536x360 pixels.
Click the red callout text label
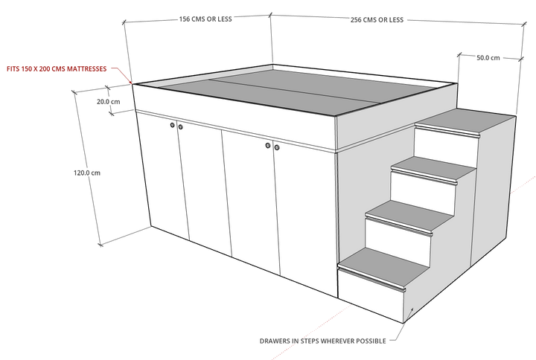click(x=56, y=69)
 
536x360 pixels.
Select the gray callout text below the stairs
click(x=322, y=341)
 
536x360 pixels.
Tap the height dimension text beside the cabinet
click(x=87, y=173)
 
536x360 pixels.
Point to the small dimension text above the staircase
click(x=487, y=57)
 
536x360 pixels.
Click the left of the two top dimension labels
click(x=206, y=20)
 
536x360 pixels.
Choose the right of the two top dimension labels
click(x=377, y=20)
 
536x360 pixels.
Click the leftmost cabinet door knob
click(x=172, y=126)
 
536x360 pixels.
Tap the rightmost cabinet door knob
click(x=276, y=148)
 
